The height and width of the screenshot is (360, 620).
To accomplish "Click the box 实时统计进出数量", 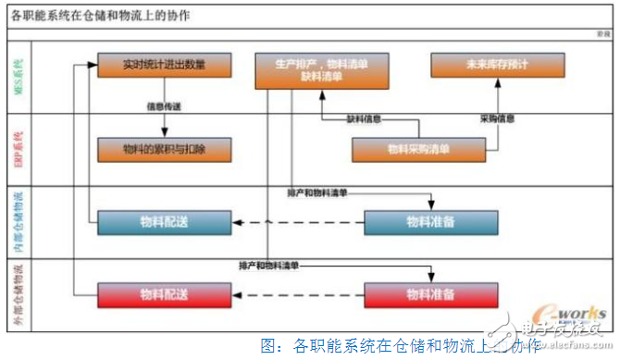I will pos(163,66).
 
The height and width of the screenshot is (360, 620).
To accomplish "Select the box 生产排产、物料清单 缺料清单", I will pos(321,71).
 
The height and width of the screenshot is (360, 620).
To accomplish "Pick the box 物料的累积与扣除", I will pos(163,148).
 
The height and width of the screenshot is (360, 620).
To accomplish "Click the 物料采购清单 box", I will pos(418,148).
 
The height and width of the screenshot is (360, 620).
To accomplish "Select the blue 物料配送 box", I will pos(163,222).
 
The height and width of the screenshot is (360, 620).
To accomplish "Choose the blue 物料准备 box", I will pos(429,222).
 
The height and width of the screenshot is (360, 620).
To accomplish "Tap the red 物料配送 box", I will pos(163,295).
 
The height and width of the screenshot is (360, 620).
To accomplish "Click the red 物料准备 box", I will pos(429,295).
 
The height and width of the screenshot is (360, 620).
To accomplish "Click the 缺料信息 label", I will pos(365,118).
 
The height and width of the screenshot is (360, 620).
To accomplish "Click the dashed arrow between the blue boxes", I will pos(295,223).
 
